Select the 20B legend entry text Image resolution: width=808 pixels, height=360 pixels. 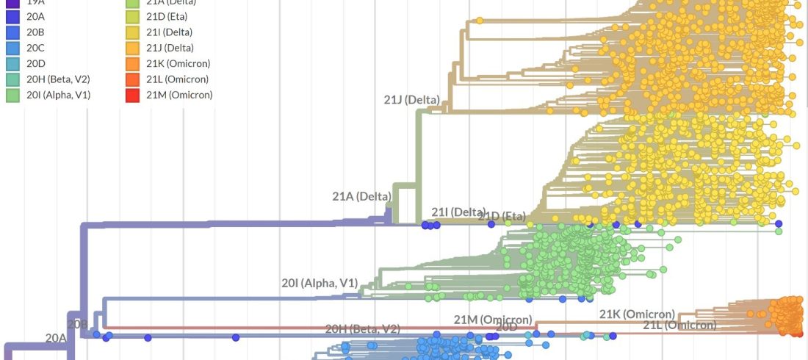tap(36, 32)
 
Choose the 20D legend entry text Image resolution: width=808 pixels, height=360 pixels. tap(36, 63)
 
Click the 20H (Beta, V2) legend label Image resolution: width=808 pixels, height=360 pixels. tap(58, 79)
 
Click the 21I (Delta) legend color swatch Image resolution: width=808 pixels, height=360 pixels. tap(132, 32)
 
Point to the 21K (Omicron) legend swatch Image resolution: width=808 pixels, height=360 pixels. tap(132, 63)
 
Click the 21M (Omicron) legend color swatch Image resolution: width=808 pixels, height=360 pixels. tap(132, 94)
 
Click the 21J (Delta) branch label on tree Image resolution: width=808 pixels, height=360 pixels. tap(411, 100)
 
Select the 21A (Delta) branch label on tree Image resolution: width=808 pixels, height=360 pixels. tap(361, 196)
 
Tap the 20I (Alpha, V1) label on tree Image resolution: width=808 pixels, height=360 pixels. tap(319, 283)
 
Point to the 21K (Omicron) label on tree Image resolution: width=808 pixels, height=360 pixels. tap(637, 314)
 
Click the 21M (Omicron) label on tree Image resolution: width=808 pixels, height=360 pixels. tap(492, 320)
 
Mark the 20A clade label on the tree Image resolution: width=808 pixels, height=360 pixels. tap(56, 338)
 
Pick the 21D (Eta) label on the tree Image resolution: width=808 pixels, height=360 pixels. tap(502, 216)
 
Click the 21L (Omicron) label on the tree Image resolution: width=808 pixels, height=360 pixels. tap(679, 325)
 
